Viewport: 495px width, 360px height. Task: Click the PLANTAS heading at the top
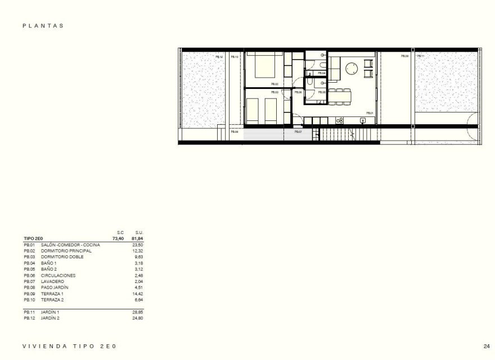43,26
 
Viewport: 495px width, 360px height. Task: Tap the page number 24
486,345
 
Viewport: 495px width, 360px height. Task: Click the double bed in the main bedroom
264,66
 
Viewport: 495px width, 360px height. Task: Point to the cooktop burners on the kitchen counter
340,120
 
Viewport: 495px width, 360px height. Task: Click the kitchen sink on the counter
362,120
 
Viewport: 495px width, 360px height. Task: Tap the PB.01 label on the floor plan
370,113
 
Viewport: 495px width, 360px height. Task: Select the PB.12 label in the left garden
219,57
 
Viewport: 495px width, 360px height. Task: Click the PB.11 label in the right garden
420,56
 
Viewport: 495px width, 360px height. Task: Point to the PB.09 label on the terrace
404,56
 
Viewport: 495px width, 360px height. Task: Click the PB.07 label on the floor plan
299,131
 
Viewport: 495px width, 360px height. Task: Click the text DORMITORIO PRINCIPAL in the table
66,251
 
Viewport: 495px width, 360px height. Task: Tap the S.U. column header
139,232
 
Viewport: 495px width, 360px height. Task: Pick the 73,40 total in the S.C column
118,238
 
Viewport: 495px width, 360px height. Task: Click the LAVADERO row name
51,282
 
